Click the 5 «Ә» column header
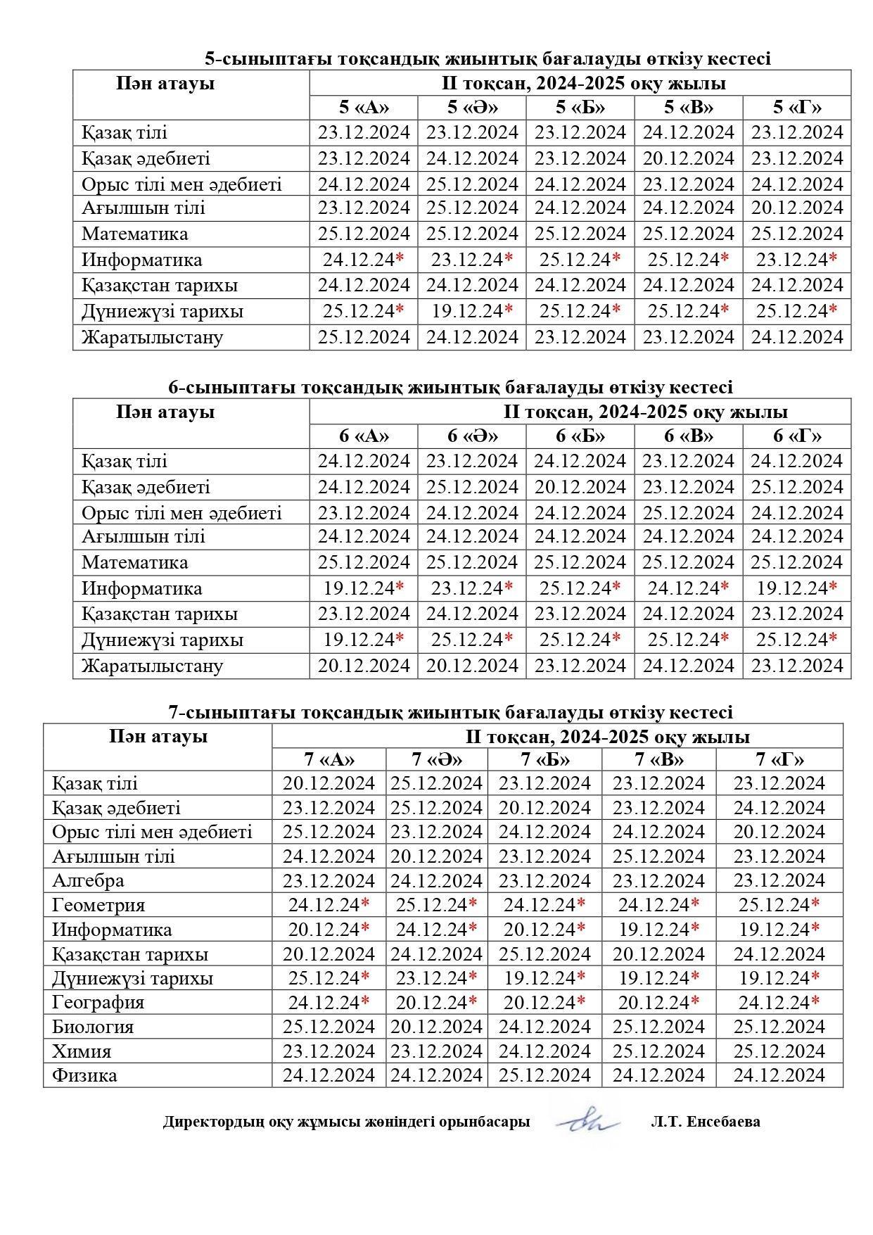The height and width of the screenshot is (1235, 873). [472, 108]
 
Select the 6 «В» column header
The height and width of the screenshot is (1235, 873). [689, 436]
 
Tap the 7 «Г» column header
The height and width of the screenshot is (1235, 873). [779, 759]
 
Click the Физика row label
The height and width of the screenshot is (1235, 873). [84, 1075]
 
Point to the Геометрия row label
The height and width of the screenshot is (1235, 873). [98, 905]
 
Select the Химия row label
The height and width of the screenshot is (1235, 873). [82, 1051]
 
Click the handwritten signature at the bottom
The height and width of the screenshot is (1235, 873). [587, 1122]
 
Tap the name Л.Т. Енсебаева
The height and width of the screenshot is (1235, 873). [705, 1122]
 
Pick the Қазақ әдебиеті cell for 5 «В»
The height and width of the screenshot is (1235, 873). [689, 158]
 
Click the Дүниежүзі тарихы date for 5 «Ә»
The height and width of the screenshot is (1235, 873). [472, 311]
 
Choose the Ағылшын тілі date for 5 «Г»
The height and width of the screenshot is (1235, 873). [797, 208]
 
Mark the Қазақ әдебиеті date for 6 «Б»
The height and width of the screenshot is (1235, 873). [580, 487]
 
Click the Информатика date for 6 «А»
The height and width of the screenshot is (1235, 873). [364, 588]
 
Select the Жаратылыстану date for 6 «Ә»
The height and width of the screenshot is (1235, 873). [472, 666]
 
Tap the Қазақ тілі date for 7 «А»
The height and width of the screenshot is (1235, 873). [329, 783]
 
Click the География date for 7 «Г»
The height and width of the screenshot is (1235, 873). [779, 1002]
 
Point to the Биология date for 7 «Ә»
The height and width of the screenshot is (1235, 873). [436, 1027]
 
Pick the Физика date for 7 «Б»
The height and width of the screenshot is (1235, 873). [544, 1075]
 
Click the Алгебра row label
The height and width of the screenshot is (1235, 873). [88, 881]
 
